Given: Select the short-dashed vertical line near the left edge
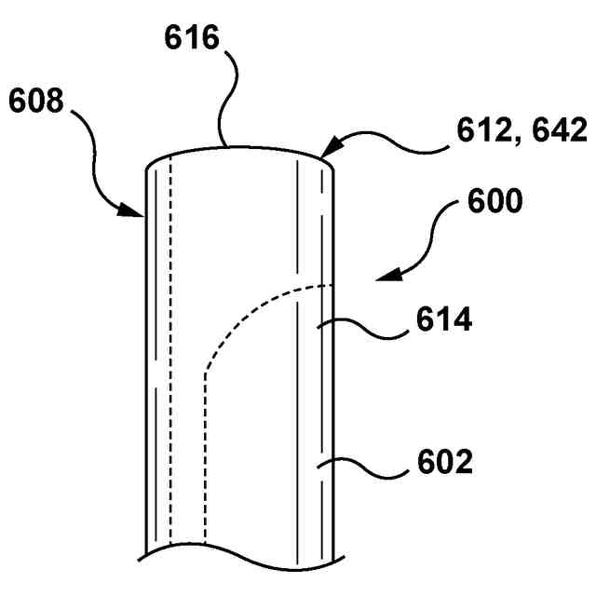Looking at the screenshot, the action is coord(172,372).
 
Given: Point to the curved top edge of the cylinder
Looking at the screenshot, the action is coord(237,147).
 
